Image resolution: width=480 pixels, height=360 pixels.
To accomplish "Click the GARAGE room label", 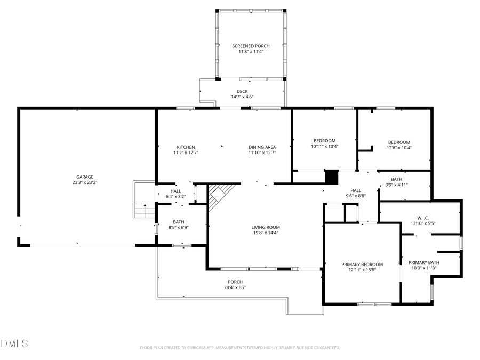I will click(84, 177).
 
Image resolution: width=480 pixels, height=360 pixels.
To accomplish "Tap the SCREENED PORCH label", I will click(247, 46).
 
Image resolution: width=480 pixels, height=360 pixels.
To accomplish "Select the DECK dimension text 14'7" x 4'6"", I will click(242, 97).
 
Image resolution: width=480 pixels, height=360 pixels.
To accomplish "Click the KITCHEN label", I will click(186, 147).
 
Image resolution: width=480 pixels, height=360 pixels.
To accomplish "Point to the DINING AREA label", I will click(262, 147).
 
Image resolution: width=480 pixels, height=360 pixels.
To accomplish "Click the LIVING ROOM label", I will click(266, 227).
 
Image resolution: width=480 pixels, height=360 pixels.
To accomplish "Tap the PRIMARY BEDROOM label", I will click(362, 265).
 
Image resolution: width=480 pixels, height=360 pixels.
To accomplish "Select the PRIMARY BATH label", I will click(424, 262).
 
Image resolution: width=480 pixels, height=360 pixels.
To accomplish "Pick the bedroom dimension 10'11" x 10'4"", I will click(325, 146).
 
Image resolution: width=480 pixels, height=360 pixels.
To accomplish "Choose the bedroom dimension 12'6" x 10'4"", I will click(399, 148).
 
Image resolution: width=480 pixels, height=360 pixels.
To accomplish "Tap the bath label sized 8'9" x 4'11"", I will click(396, 185).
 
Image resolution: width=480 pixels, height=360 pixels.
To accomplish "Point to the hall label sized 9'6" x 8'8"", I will click(356, 196).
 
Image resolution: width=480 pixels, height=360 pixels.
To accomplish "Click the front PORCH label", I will click(235, 282).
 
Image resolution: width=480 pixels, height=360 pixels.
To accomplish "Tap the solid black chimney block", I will click(332, 177).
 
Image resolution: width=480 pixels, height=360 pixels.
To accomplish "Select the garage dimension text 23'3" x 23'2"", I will click(84, 182).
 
